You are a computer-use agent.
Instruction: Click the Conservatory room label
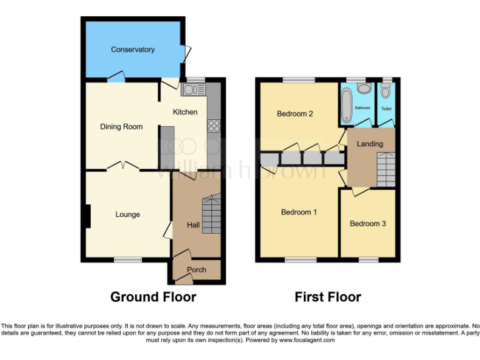pos(132,49)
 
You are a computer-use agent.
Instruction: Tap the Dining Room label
pos(121,127)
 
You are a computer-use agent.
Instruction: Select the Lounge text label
pos(127,214)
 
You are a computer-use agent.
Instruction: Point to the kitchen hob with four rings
pos(214,126)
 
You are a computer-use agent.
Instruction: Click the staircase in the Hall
pos(211,214)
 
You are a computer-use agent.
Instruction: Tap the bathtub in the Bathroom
pos(346,104)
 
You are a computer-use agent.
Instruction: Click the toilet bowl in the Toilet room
pos(386,93)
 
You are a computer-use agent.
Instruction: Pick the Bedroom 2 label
pos(294,114)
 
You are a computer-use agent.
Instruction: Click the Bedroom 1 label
pos(299,212)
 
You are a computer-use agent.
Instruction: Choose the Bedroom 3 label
pos(367,223)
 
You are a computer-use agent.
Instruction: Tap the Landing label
pos(369,144)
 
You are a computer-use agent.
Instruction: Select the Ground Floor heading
pos(153,297)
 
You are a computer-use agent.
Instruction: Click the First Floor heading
pos(327,297)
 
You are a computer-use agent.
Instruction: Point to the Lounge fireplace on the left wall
pos(88,216)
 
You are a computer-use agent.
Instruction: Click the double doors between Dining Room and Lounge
pos(122,166)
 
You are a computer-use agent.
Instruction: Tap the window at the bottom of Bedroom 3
pos(368,259)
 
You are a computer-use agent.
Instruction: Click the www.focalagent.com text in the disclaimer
pos(307,341)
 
